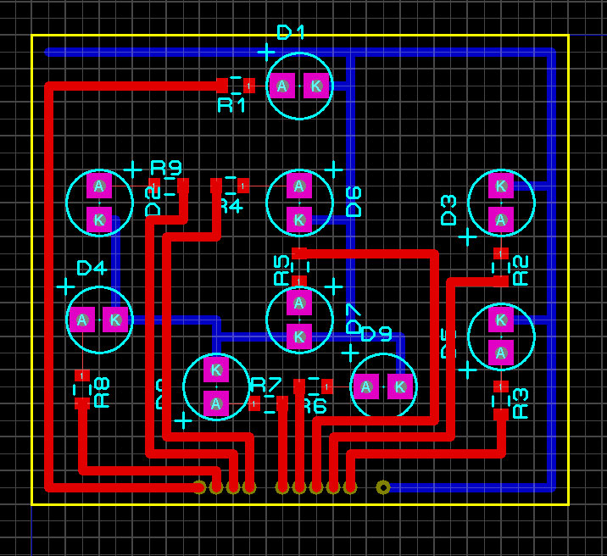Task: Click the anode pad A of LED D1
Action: (x=282, y=86)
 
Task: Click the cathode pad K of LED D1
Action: (x=315, y=86)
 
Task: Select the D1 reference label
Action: (x=291, y=32)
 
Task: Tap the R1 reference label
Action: (x=231, y=105)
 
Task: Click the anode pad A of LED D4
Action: (x=82, y=320)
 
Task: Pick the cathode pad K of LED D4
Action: (x=115, y=320)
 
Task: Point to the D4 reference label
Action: (x=91, y=268)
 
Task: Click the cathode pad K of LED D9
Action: (x=400, y=387)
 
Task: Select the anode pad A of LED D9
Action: (x=366, y=387)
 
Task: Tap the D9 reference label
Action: (x=376, y=334)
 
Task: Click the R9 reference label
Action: (x=166, y=166)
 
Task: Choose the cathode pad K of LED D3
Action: (x=501, y=186)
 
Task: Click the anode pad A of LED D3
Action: (x=501, y=220)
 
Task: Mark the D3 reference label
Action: (x=448, y=209)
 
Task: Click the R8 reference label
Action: (x=102, y=392)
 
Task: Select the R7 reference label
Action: (x=265, y=383)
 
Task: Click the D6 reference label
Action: (x=354, y=201)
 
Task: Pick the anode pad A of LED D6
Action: (x=298, y=186)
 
